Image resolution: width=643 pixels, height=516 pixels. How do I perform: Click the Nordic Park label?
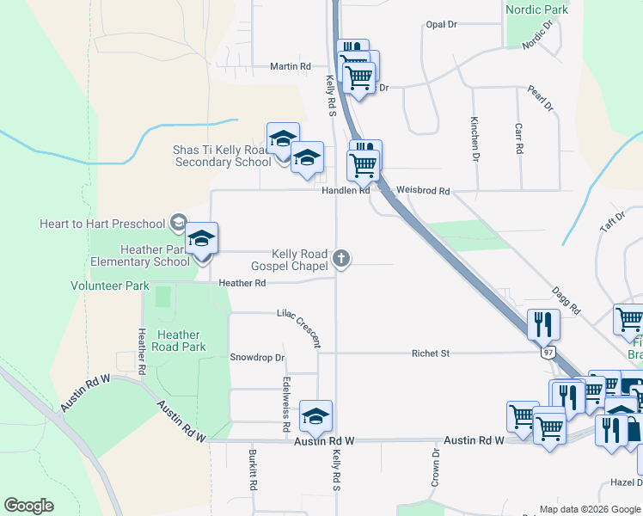[537, 9]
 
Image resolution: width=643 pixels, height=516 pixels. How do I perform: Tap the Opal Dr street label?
[441, 24]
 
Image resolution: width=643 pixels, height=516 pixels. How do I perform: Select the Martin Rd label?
[290, 66]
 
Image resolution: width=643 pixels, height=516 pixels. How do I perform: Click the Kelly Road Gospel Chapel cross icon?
[342, 257]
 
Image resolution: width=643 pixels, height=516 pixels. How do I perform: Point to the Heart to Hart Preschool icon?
[178, 224]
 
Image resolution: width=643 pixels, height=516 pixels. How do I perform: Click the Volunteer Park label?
[110, 286]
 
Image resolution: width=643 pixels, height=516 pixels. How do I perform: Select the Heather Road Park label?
[179, 341]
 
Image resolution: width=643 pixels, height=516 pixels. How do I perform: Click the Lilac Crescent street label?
[298, 329]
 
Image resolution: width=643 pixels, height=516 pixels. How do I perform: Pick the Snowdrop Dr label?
[257, 357]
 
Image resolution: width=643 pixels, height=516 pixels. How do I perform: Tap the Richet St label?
[431, 353]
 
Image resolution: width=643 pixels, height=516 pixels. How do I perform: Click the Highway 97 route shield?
[548, 353]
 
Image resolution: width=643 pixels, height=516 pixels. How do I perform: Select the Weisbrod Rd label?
[423, 190]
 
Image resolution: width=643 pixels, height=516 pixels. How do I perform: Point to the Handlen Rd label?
[346, 190]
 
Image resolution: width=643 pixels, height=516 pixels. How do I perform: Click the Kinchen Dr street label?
[474, 139]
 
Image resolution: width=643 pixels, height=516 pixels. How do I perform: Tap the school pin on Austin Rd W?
[316, 417]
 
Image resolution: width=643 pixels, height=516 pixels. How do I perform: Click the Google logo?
[29, 506]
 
